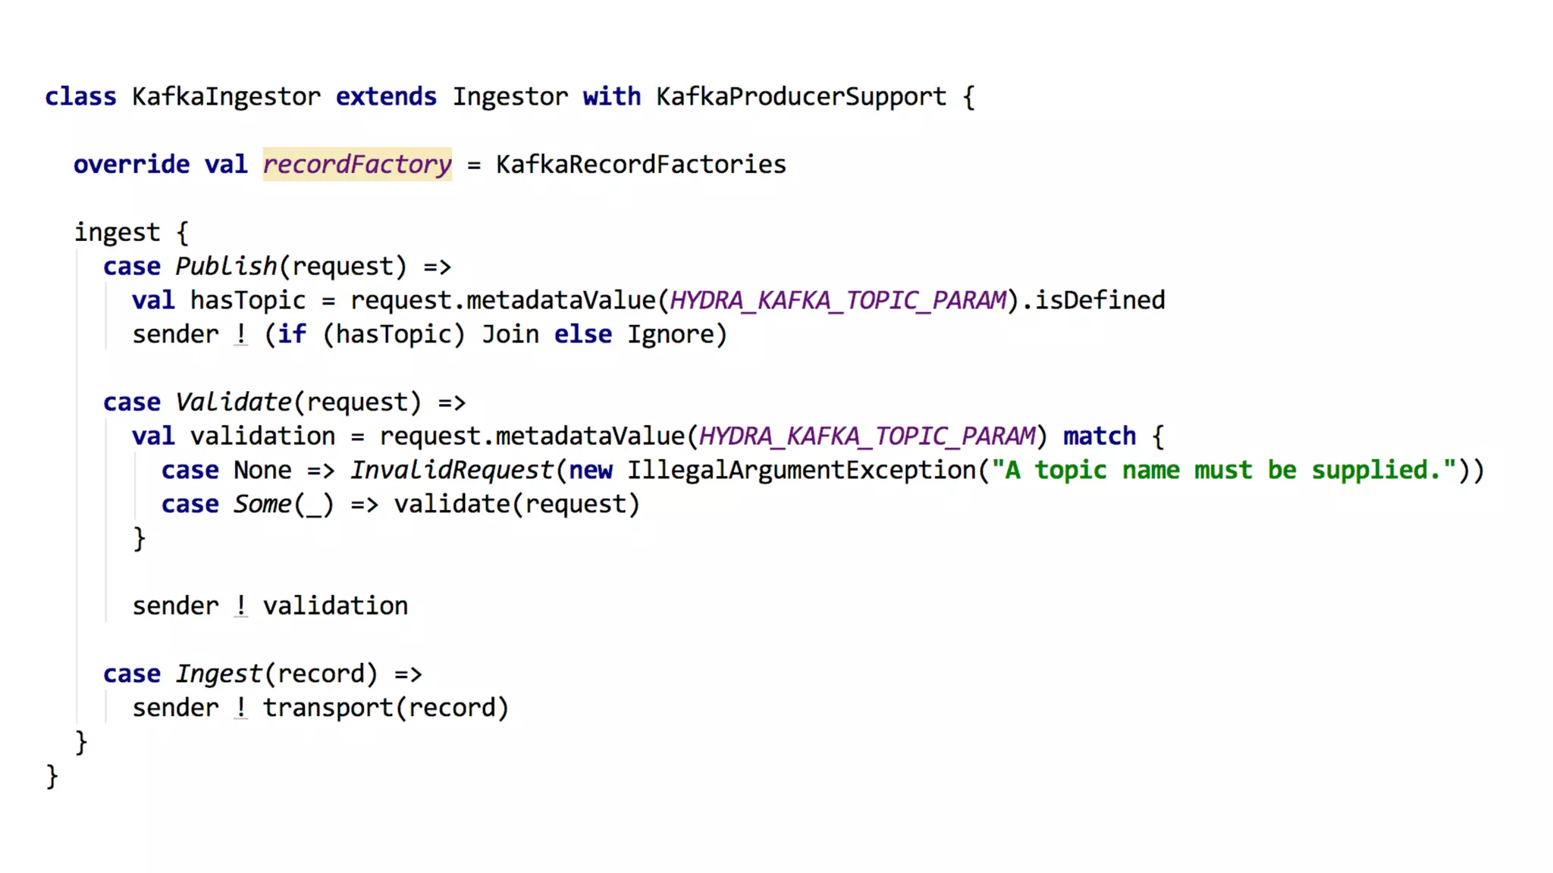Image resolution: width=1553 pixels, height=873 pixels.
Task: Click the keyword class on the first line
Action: point(80,97)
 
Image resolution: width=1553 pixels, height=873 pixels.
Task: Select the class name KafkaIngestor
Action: point(226,97)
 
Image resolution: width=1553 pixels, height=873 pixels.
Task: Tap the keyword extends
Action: point(386,97)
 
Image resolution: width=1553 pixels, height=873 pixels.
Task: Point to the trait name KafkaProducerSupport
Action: point(801,97)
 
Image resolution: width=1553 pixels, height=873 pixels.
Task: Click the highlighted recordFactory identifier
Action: point(357,164)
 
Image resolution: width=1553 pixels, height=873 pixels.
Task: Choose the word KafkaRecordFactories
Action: point(641,164)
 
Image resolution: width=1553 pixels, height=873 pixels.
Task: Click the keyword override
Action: point(131,164)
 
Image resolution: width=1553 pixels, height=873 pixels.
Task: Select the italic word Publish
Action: point(226,267)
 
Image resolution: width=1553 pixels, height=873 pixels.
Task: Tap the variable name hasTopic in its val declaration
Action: point(248,301)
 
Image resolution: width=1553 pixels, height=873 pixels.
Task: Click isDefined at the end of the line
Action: point(1100,301)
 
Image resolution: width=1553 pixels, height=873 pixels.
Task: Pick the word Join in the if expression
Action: point(510,335)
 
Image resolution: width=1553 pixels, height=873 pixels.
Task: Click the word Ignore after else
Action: point(670,335)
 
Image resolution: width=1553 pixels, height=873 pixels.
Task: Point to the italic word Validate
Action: point(234,402)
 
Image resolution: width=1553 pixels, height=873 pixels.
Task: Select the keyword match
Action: point(1100,436)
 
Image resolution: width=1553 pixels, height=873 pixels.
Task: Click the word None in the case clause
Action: point(262,471)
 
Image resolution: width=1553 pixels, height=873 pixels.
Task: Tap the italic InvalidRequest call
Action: point(452,471)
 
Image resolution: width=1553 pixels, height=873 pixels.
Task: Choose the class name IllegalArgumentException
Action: point(801,471)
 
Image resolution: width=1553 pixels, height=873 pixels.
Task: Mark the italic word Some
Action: point(262,505)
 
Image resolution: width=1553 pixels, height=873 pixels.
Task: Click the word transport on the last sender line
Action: point(328,708)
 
